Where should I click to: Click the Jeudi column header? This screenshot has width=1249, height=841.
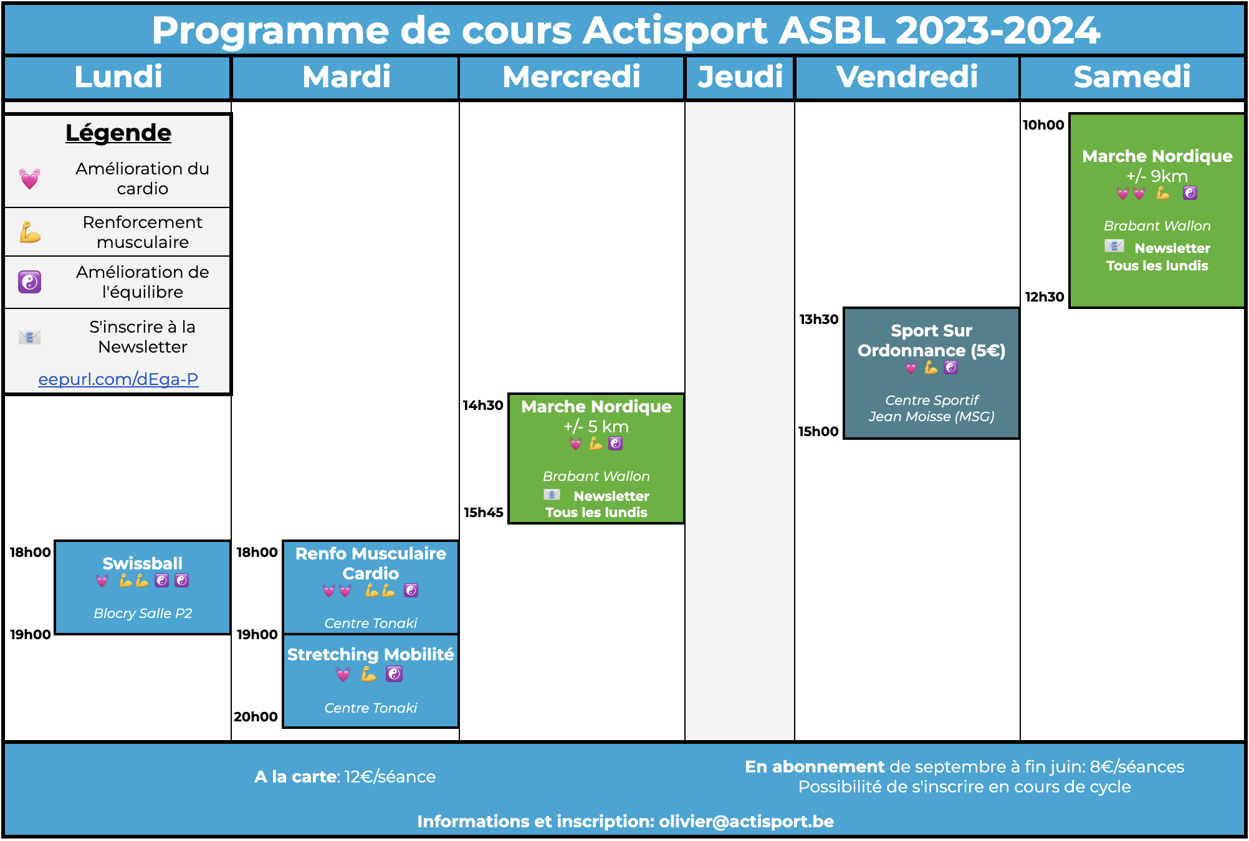click(x=740, y=77)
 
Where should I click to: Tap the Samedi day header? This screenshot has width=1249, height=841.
click(x=1132, y=77)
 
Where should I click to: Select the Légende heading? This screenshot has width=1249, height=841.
click(x=118, y=133)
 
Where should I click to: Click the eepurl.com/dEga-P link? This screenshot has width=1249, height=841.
click(x=118, y=379)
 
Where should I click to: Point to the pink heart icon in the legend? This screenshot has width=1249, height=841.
click(x=29, y=179)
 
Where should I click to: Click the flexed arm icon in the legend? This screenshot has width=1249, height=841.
click(x=29, y=232)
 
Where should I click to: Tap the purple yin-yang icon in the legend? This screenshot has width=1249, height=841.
click(x=29, y=282)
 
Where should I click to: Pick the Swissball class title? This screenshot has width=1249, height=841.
click(x=143, y=563)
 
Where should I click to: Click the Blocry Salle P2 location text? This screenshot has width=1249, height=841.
click(x=143, y=613)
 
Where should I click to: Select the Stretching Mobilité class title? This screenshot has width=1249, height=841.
click(x=371, y=654)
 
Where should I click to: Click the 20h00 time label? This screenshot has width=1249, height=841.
click(x=256, y=716)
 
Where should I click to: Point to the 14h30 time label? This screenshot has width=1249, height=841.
click(x=483, y=405)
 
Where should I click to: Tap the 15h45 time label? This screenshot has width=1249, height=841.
click(x=484, y=512)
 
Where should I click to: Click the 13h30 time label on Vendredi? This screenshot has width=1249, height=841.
click(x=819, y=319)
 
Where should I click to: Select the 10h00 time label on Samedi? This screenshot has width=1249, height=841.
click(x=1043, y=125)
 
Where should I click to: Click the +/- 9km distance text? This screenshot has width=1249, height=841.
click(x=1157, y=176)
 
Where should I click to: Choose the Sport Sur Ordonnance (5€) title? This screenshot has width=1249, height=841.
click(x=932, y=340)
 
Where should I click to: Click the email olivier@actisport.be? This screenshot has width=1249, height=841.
click(x=747, y=821)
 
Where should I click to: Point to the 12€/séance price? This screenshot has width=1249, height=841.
click(x=390, y=776)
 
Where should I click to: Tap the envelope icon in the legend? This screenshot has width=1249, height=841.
click(x=29, y=337)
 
